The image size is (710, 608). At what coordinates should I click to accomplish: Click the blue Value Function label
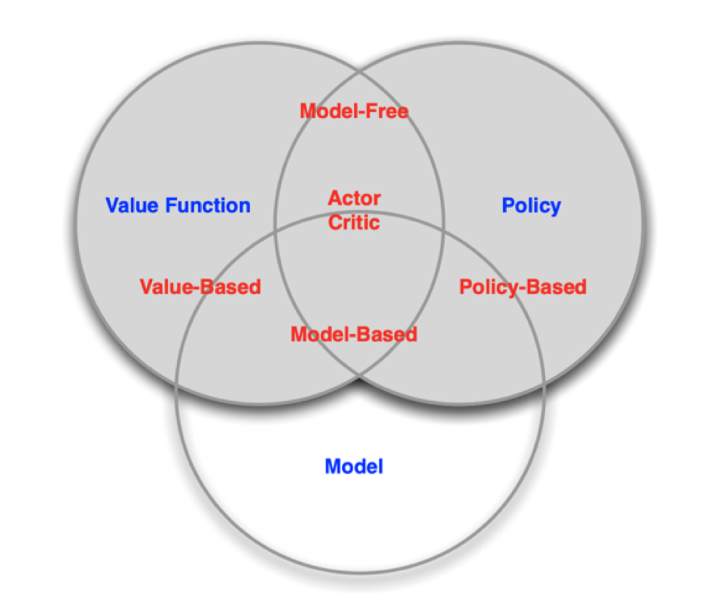coord(178,205)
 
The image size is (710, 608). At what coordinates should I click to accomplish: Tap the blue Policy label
coord(531,205)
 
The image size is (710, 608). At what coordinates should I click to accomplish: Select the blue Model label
coord(354,467)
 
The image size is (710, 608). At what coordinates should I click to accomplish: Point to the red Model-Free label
coord(354,111)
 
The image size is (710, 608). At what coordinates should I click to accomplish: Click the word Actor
coord(354,199)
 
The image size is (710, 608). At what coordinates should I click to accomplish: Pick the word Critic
coord(354,223)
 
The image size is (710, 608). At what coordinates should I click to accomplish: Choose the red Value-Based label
coord(200,287)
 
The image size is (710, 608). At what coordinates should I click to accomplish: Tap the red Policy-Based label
coord(523,287)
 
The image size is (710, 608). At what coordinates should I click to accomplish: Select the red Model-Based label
coord(354,334)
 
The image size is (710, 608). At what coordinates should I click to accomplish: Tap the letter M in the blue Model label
coord(332,467)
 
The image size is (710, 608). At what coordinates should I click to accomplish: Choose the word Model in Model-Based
coord(318,334)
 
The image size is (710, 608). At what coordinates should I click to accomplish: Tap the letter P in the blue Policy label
coord(508,205)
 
